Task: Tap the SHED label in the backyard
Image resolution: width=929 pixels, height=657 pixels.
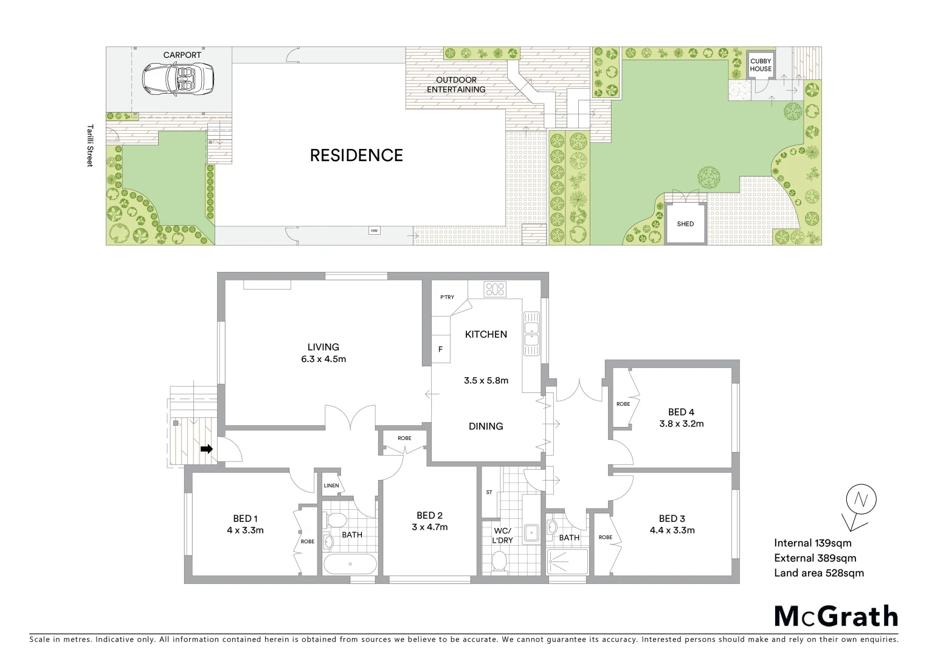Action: pyautogui.click(x=685, y=224)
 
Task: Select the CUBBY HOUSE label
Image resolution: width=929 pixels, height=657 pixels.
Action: pyautogui.click(x=761, y=65)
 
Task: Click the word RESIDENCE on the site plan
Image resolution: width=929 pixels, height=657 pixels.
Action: pyautogui.click(x=356, y=156)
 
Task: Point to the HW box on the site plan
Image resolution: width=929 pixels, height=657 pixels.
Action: pyautogui.click(x=374, y=231)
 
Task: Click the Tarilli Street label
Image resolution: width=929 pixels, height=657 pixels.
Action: pyautogui.click(x=90, y=146)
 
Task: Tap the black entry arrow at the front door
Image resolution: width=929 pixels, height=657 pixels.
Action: pyautogui.click(x=207, y=450)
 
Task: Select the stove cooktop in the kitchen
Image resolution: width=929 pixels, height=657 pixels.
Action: pyautogui.click(x=495, y=289)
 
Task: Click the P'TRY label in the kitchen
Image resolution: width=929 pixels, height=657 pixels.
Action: pyautogui.click(x=447, y=297)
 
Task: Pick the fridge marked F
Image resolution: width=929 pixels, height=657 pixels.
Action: pyautogui.click(x=440, y=349)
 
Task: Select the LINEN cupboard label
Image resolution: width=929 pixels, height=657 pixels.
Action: pyautogui.click(x=331, y=485)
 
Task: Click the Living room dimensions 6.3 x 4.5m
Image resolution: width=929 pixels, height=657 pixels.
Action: pyautogui.click(x=323, y=359)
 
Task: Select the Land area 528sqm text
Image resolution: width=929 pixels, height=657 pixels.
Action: pyautogui.click(x=818, y=572)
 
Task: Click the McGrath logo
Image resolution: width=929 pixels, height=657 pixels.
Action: pyautogui.click(x=835, y=616)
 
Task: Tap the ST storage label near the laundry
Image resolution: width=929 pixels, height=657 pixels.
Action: pyautogui.click(x=489, y=492)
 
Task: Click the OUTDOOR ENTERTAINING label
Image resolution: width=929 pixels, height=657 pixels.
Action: pyautogui.click(x=456, y=85)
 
